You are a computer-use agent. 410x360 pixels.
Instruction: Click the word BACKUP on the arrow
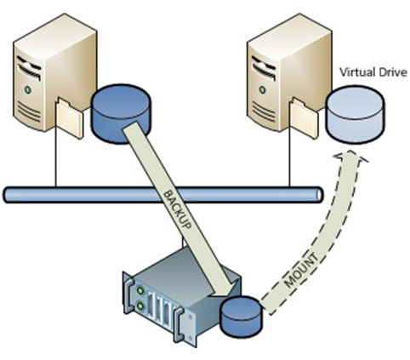point(178,209)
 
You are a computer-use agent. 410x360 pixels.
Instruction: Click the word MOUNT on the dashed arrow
point(301,271)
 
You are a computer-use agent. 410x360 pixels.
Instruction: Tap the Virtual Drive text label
point(373,72)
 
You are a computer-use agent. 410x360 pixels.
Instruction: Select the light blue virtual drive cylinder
point(356,114)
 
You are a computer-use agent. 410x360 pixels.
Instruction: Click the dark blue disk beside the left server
point(121,113)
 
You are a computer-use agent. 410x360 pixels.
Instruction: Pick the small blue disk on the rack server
point(242,317)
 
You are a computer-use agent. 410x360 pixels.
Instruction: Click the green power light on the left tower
point(27,90)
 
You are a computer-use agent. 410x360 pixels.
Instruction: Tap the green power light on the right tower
point(263,89)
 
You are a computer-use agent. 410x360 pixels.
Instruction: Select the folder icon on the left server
point(70,117)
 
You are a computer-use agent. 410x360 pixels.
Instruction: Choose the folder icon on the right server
point(304,117)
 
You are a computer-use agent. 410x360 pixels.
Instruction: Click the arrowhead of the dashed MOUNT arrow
point(350,157)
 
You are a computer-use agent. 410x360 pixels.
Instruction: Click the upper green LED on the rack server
point(140,290)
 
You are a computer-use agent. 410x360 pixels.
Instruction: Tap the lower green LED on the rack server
point(140,306)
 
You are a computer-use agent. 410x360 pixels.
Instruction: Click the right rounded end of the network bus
point(319,195)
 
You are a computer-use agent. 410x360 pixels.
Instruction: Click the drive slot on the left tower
point(29,66)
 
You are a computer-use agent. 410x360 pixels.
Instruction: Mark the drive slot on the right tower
point(264,67)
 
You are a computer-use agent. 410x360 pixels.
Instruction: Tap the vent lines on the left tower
point(29,111)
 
